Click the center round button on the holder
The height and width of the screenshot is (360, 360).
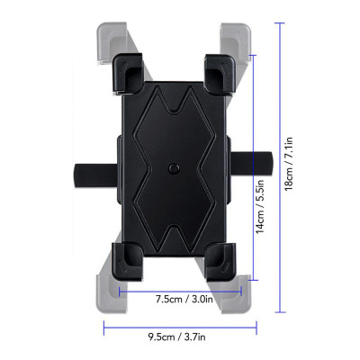pyautogui.click(x=173, y=167)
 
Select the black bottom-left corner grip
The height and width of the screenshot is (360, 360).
pyautogui.click(x=131, y=259)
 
